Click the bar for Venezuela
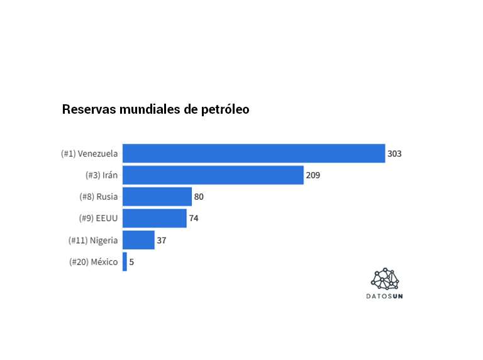(253, 153)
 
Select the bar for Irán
(213, 175)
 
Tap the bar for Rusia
(157, 197)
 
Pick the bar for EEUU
(154, 218)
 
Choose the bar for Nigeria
(138, 240)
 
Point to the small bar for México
(125, 261)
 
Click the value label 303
(394, 153)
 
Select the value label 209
(313, 175)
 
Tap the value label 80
(199, 197)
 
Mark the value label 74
(194, 218)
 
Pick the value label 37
(162, 240)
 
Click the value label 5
(131, 261)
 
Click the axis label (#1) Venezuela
(89, 153)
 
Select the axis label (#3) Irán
(101, 175)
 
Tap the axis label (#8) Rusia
(99, 197)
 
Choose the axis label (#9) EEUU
(98, 218)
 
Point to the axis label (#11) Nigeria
(93, 240)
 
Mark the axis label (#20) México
(93, 261)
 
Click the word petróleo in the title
(225, 109)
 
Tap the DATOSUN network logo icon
(385, 279)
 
